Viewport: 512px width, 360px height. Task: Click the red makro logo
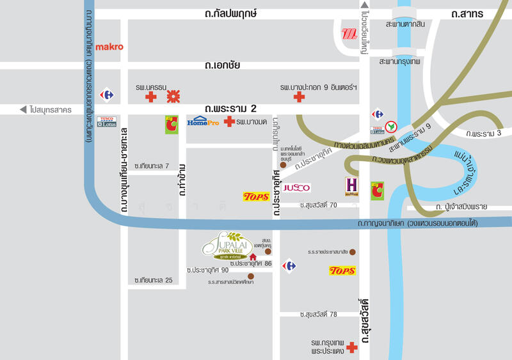point(109,47)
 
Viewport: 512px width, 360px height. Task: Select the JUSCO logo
point(297,187)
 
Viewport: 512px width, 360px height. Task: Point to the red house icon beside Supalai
point(253,256)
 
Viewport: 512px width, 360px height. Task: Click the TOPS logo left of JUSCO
point(256,197)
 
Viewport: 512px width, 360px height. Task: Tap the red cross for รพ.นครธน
point(151,97)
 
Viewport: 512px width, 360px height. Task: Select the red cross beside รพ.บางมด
point(228,121)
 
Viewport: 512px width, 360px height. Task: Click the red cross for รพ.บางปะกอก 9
point(298,97)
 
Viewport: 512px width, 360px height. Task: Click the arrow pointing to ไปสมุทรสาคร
point(23,109)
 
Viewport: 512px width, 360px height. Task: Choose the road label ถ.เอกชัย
point(223,65)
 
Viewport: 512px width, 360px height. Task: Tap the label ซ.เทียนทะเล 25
point(154,281)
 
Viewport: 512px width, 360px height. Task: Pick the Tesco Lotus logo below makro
point(106,121)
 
